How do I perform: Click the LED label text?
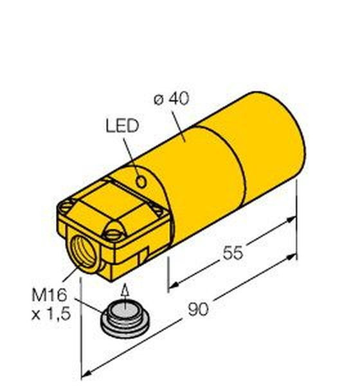[x=122, y=126]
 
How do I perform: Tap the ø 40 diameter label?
[x=172, y=98]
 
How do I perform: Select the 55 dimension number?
[x=233, y=253]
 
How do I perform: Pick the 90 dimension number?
[x=198, y=309]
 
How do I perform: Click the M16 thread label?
[x=50, y=295]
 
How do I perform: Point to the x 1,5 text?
[x=51, y=315]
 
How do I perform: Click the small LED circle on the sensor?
[x=141, y=182]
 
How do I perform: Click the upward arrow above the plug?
[x=125, y=296]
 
